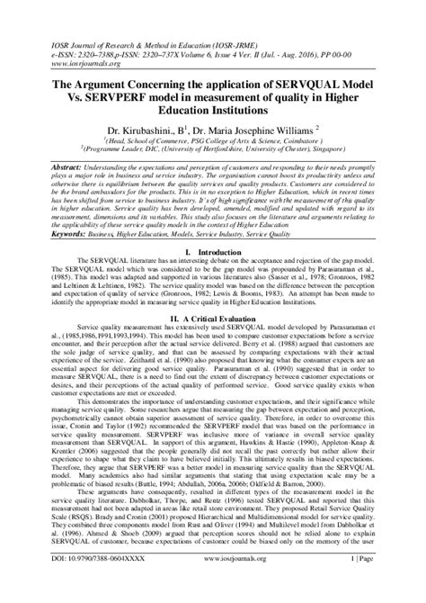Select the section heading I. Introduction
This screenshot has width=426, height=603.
pos(213,256)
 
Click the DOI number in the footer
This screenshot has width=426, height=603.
pos(82,584)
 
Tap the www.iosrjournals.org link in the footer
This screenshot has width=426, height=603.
pos(213,584)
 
